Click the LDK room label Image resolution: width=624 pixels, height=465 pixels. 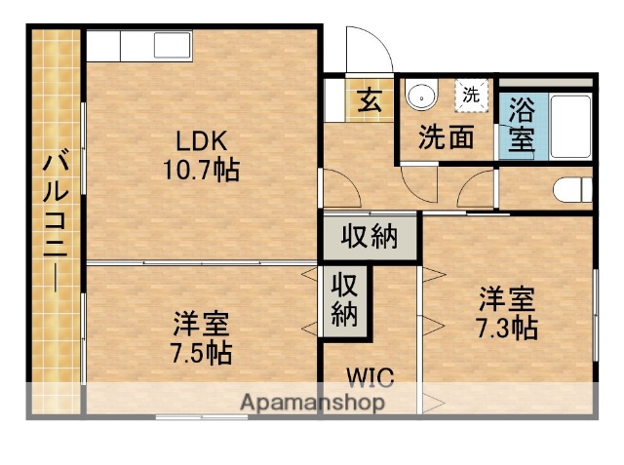pyautogui.click(x=201, y=140)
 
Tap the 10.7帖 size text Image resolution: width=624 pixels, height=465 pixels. pyautogui.click(x=201, y=169)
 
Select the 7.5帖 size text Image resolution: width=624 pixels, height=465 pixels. pyautogui.click(x=202, y=351)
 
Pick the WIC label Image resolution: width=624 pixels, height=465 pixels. pyautogui.click(x=370, y=374)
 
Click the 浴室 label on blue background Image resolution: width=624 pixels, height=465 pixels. pyautogui.click(x=521, y=124)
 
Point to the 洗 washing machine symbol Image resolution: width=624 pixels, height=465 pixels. pyautogui.click(x=471, y=96)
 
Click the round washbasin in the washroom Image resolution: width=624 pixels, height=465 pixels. pyautogui.click(x=420, y=96)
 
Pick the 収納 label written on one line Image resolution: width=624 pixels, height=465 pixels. pyautogui.click(x=370, y=236)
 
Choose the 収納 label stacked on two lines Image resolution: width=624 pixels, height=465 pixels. pyautogui.click(x=346, y=300)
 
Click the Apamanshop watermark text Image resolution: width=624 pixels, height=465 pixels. pyautogui.click(x=311, y=402)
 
